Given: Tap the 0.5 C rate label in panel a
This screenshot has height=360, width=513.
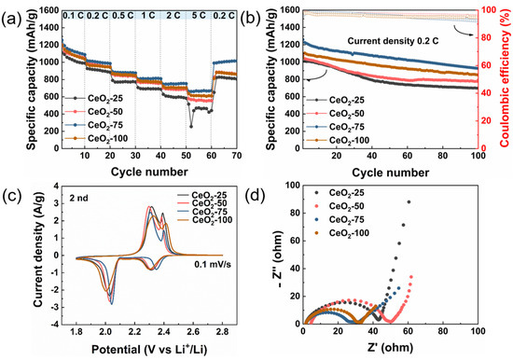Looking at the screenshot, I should [x=122, y=16].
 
